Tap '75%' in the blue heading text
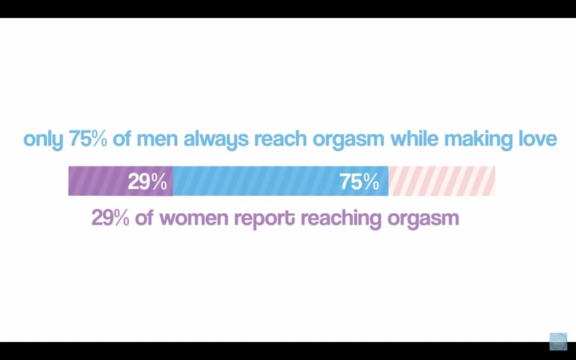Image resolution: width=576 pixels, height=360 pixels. coord(87,139)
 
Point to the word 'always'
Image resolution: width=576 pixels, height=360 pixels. coord(216,140)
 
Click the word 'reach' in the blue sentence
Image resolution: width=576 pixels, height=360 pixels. coord(280,139)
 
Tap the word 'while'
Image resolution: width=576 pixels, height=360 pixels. coord(414,139)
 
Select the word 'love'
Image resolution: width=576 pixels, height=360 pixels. coord(534,139)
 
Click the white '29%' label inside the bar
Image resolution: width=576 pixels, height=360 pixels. coord(148,182)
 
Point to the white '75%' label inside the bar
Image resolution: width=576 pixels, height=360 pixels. coord(359,182)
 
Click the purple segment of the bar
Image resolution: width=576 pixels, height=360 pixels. coord(120,181)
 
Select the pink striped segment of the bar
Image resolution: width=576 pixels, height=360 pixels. coord(441,181)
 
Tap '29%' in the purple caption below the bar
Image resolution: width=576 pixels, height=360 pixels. coord(110,218)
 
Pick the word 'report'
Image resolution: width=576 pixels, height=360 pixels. coord(264,220)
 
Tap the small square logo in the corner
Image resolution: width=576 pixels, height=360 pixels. coord(559,341)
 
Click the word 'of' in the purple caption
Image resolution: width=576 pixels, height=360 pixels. coord(144,218)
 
